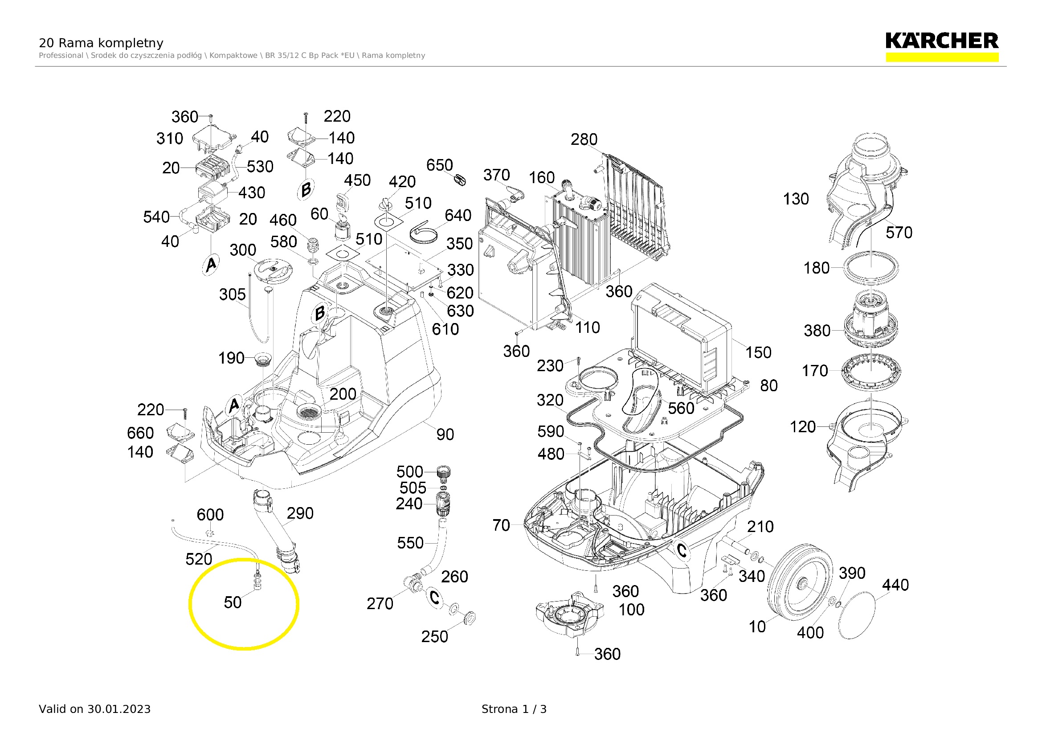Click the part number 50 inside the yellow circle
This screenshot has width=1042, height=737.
(233, 602)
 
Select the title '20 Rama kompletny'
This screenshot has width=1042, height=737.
(101, 43)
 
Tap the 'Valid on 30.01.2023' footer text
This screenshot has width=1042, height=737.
(94, 709)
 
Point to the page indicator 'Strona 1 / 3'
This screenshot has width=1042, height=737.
(514, 709)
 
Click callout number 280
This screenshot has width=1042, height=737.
(584, 139)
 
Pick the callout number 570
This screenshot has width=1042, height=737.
(899, 233)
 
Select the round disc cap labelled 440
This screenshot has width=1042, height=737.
(856, 615)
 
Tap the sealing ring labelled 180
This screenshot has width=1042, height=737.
(871, 267)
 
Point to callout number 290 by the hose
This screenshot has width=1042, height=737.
(299, 513)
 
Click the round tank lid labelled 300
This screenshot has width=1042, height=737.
(272, 271)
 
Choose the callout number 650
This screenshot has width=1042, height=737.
(439, 165)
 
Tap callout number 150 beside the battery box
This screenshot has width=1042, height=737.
(758, 352)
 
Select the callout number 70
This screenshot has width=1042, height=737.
(501, 525)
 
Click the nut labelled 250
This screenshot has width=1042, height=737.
(470, 617)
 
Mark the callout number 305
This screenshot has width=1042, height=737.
(233, 295)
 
